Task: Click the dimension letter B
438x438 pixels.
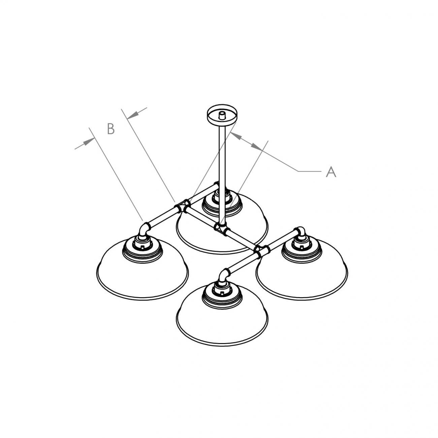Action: tap(111, 129)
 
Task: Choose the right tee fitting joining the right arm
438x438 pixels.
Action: tap(261, 251)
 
